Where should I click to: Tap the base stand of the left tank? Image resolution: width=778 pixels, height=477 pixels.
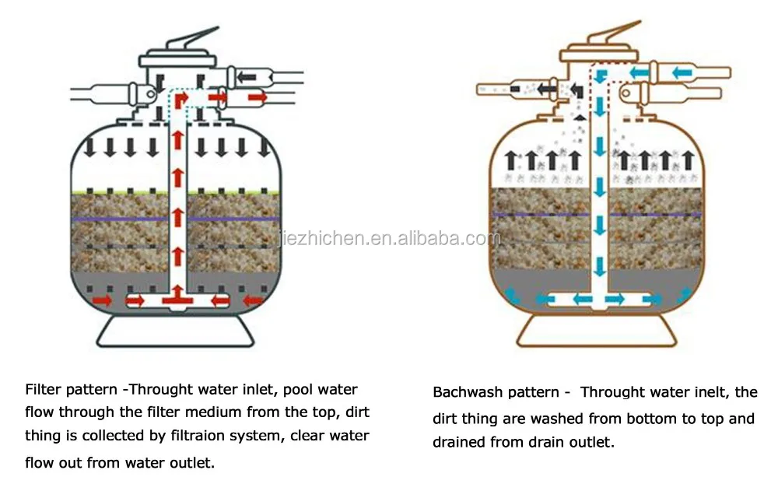point(175,330)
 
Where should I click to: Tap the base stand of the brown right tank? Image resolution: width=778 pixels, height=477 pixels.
point(596,330)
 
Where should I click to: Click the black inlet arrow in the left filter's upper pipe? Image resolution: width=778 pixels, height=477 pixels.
point(247,76)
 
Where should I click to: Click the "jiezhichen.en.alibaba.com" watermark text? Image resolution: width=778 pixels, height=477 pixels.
point(389,238)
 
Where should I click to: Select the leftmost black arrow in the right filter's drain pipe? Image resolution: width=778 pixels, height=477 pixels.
point(549,89)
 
